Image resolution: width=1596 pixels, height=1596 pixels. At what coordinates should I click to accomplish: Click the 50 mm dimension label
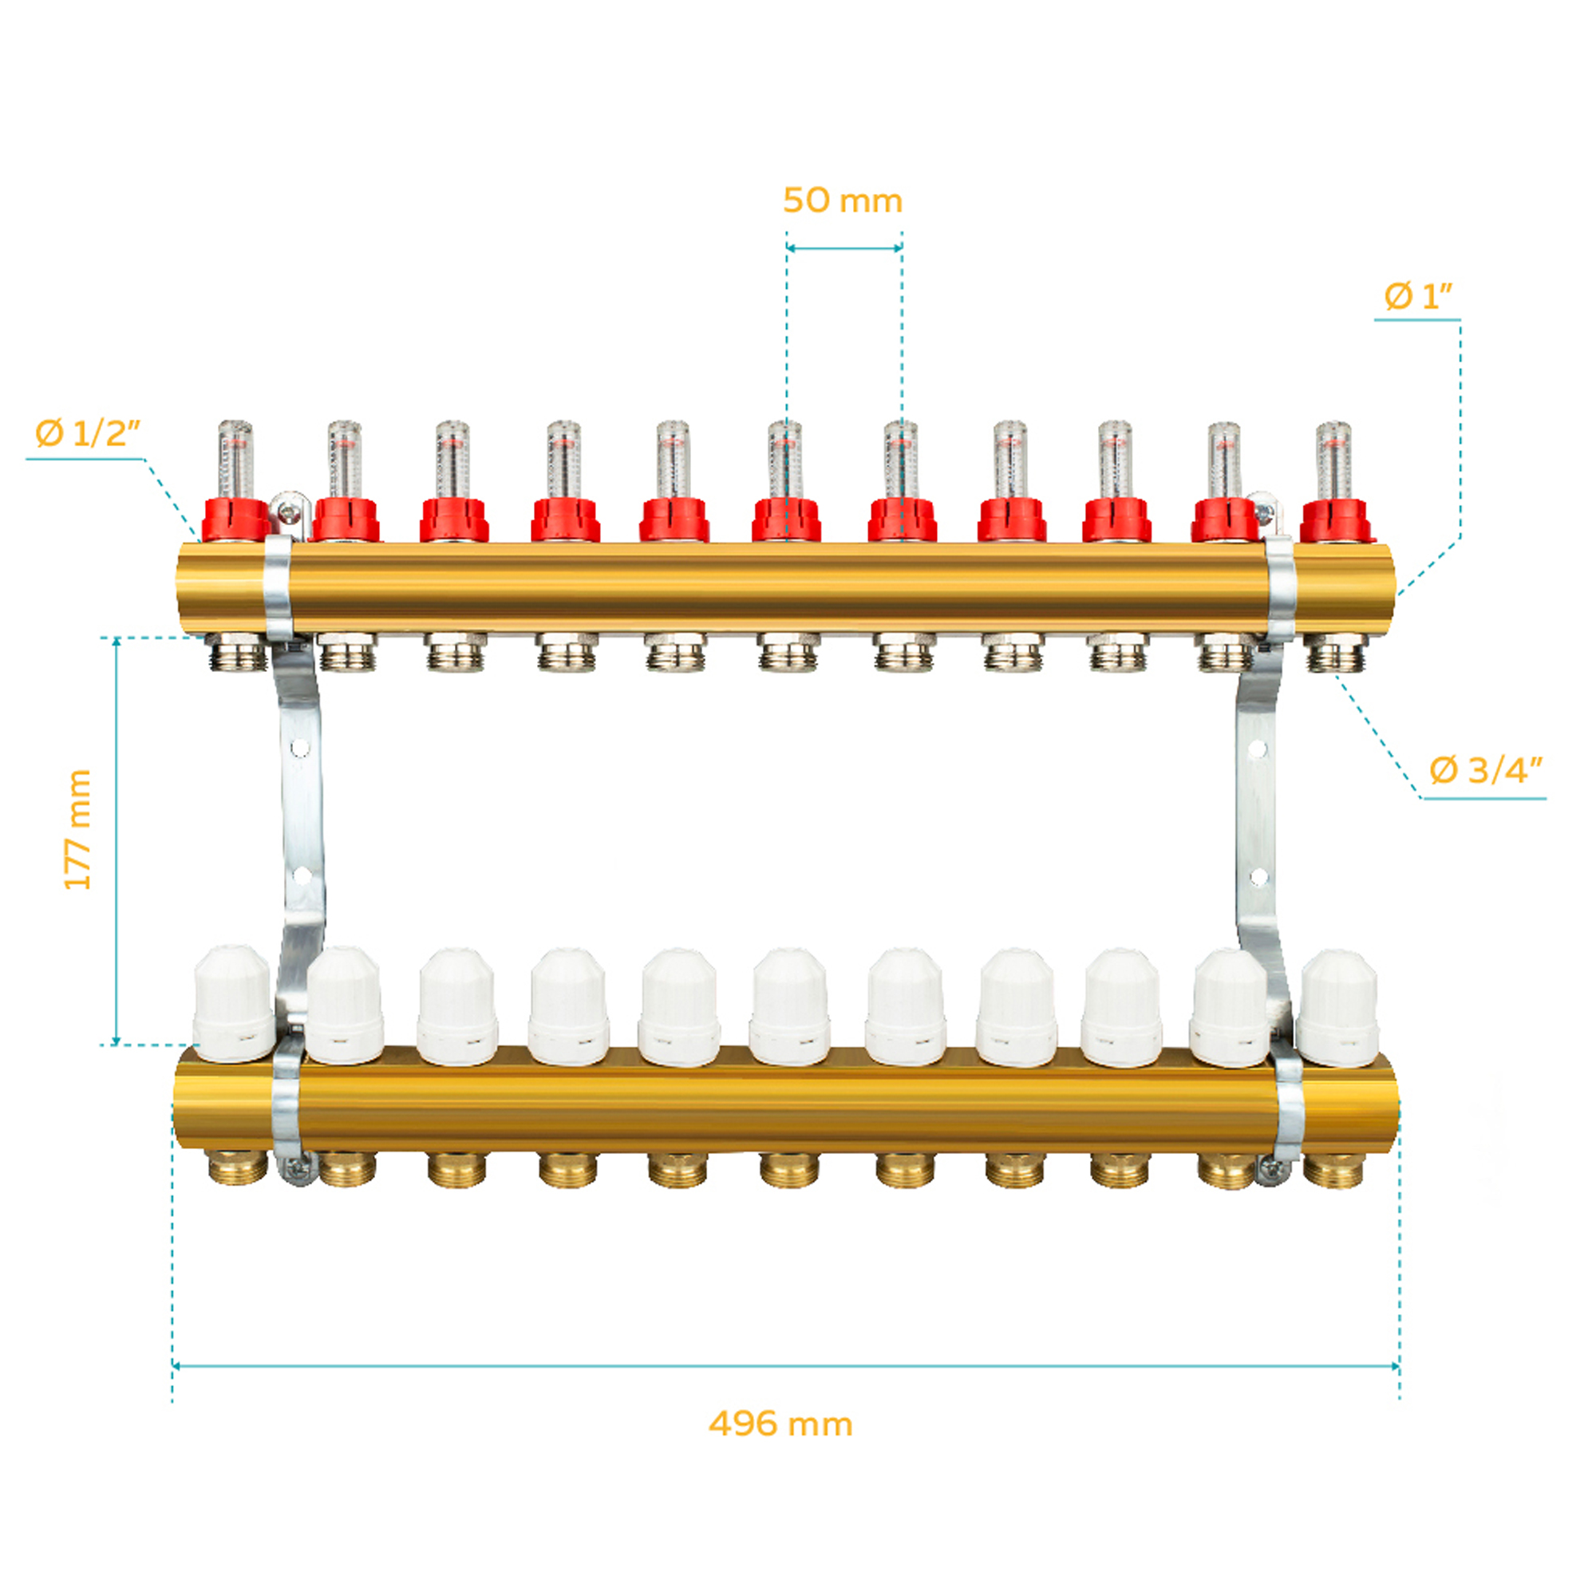pos(843,201)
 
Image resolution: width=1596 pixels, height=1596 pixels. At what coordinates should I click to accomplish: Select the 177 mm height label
pos(77,829)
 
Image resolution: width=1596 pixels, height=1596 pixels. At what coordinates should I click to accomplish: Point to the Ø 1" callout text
pos(1417,296)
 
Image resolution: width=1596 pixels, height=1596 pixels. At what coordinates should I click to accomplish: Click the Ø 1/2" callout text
pos(88,433)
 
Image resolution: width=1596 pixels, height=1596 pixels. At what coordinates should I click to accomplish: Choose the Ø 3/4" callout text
pos(1485,770)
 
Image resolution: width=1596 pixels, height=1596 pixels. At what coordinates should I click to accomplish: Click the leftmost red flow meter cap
pos(236,519)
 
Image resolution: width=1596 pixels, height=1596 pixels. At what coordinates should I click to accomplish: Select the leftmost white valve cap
pos(233,1004)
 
